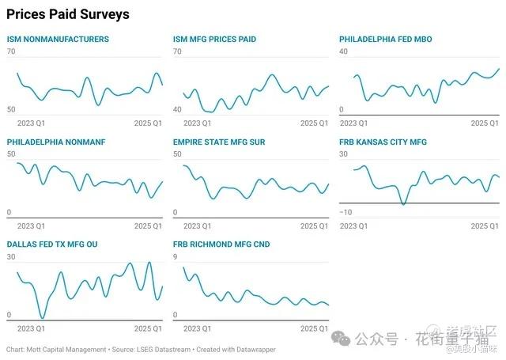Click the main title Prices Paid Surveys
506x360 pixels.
point(68,15)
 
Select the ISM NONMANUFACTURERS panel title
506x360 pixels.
point(58,40)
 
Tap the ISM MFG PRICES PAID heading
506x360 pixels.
point(214,40)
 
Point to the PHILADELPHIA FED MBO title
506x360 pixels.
point(386,40)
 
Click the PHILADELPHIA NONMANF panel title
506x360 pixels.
point(56,142)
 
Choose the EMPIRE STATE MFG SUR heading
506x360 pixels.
point(219,142)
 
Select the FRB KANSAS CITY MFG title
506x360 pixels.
point(383,142)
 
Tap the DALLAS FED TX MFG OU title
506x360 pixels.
point(52,245)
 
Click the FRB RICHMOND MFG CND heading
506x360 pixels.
point(221,245)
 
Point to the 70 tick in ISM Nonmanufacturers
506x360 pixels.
point(11,51)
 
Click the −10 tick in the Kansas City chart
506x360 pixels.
point(345,213)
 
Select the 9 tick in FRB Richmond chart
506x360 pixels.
point(176,257)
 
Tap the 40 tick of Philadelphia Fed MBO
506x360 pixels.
point(344,51)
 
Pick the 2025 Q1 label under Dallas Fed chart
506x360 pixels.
point(147,328)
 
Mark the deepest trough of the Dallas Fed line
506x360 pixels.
point(42,318)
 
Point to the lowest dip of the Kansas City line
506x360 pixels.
point(403,205)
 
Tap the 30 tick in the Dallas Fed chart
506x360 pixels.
point(11,257)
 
